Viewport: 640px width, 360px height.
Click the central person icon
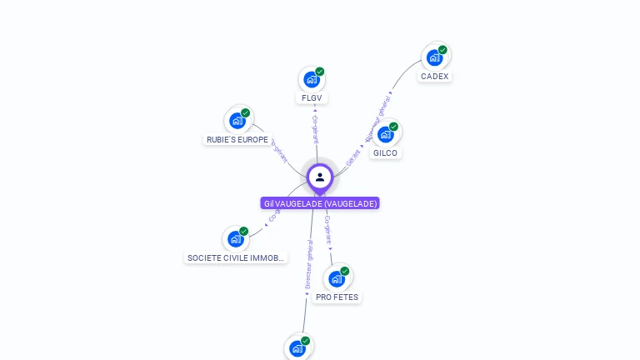pos(320,177)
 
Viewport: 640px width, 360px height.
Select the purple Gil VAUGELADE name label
pos(320,203)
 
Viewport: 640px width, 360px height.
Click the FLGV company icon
pos(311,80)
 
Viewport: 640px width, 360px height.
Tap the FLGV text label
pos(311,97)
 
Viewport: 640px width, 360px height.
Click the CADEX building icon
pos(434,57)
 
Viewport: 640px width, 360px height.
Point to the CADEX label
pos(434,77)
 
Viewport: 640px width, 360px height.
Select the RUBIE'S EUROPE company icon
pos(237,121)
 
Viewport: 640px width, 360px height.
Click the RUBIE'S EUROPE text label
pos(237,140)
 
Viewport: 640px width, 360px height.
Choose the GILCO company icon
pos(385,134)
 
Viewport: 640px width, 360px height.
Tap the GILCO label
pos(386,153)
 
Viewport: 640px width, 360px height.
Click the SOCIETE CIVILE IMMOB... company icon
pos(236,239)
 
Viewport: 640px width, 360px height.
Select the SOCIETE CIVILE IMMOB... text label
pos(237,258)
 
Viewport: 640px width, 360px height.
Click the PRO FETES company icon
pos(337,278)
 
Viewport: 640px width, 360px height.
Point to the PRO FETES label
pos(337,297)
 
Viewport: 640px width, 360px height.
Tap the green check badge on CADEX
pos(442,50)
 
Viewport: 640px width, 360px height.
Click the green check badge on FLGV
pos(319,72)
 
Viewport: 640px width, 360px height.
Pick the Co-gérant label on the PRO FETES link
pos(328,229)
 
